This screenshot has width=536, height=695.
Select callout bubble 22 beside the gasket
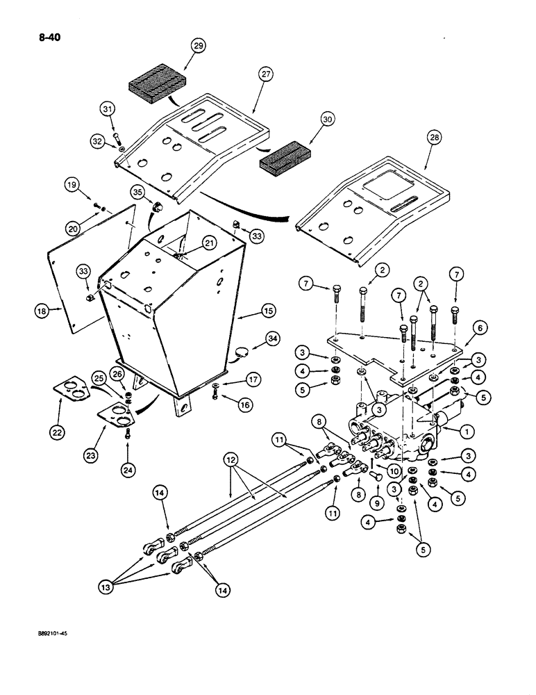(58, 431)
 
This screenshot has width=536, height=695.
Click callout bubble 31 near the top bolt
(107, 108)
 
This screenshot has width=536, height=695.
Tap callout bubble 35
(136, 193)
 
